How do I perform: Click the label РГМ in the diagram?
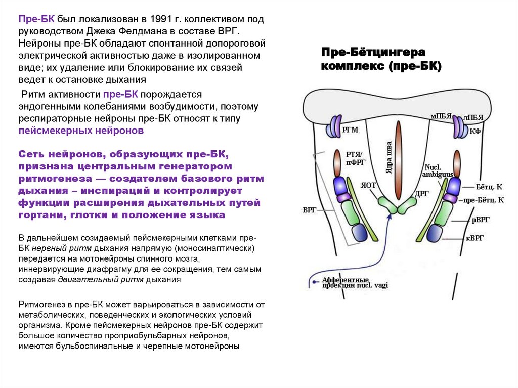[350, 130]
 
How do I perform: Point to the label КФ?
[475, 131]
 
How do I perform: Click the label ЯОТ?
[368, 185]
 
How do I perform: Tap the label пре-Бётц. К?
[484, 200]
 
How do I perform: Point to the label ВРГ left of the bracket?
[310, 209]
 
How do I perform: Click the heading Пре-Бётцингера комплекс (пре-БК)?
[381, 59]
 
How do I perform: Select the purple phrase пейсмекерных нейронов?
[81, 131]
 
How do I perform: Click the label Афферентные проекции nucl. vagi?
[346, 282]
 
